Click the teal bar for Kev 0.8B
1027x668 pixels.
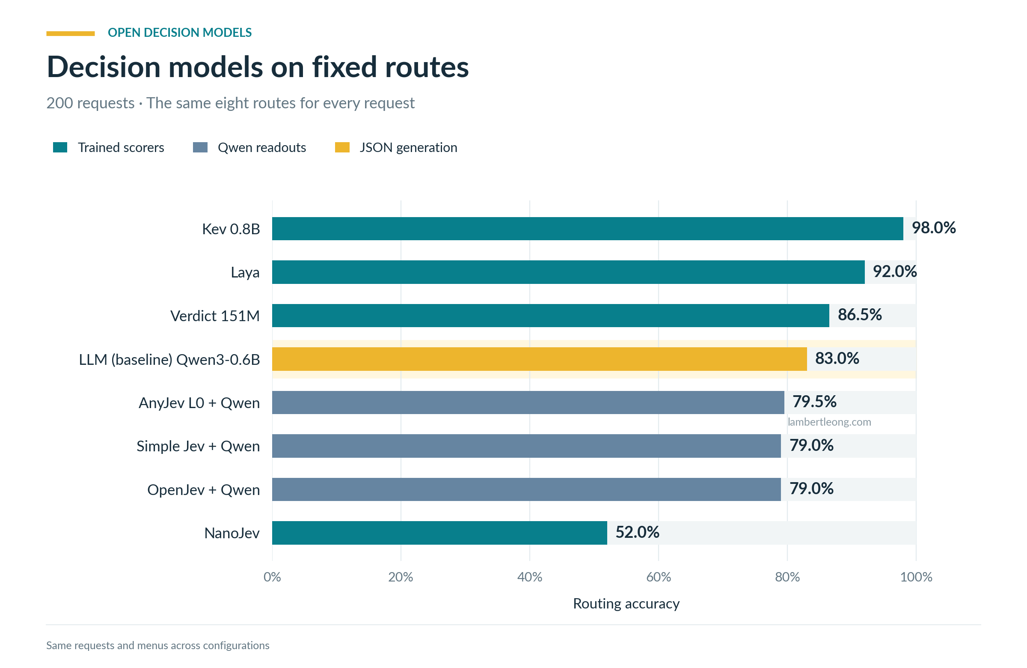pos(587,228)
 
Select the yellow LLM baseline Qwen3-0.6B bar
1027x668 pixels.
pos(540,359)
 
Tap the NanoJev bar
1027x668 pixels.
pos(440,533)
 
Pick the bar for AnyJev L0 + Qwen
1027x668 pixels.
pos(528,403)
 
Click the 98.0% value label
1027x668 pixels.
pos(933,227)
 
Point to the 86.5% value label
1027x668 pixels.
pos(860,314)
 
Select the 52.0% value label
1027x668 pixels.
pos(637,532)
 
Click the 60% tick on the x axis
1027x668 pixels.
pos(659,577)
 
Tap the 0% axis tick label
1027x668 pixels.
pos(272,577)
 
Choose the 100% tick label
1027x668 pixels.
pos(916,577)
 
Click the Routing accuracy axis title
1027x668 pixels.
pos(626,604)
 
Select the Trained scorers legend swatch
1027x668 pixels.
pos(60,147)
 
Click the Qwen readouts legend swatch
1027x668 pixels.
pos(200,147)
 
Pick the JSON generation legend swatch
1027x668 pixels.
pos(342,147)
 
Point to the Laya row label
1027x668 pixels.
pos(245,273)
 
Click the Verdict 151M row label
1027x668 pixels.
pos(215,316)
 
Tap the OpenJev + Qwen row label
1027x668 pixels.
pos(204,490)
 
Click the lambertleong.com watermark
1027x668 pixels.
pos(829,422)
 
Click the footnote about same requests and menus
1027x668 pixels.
pos(158,646)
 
